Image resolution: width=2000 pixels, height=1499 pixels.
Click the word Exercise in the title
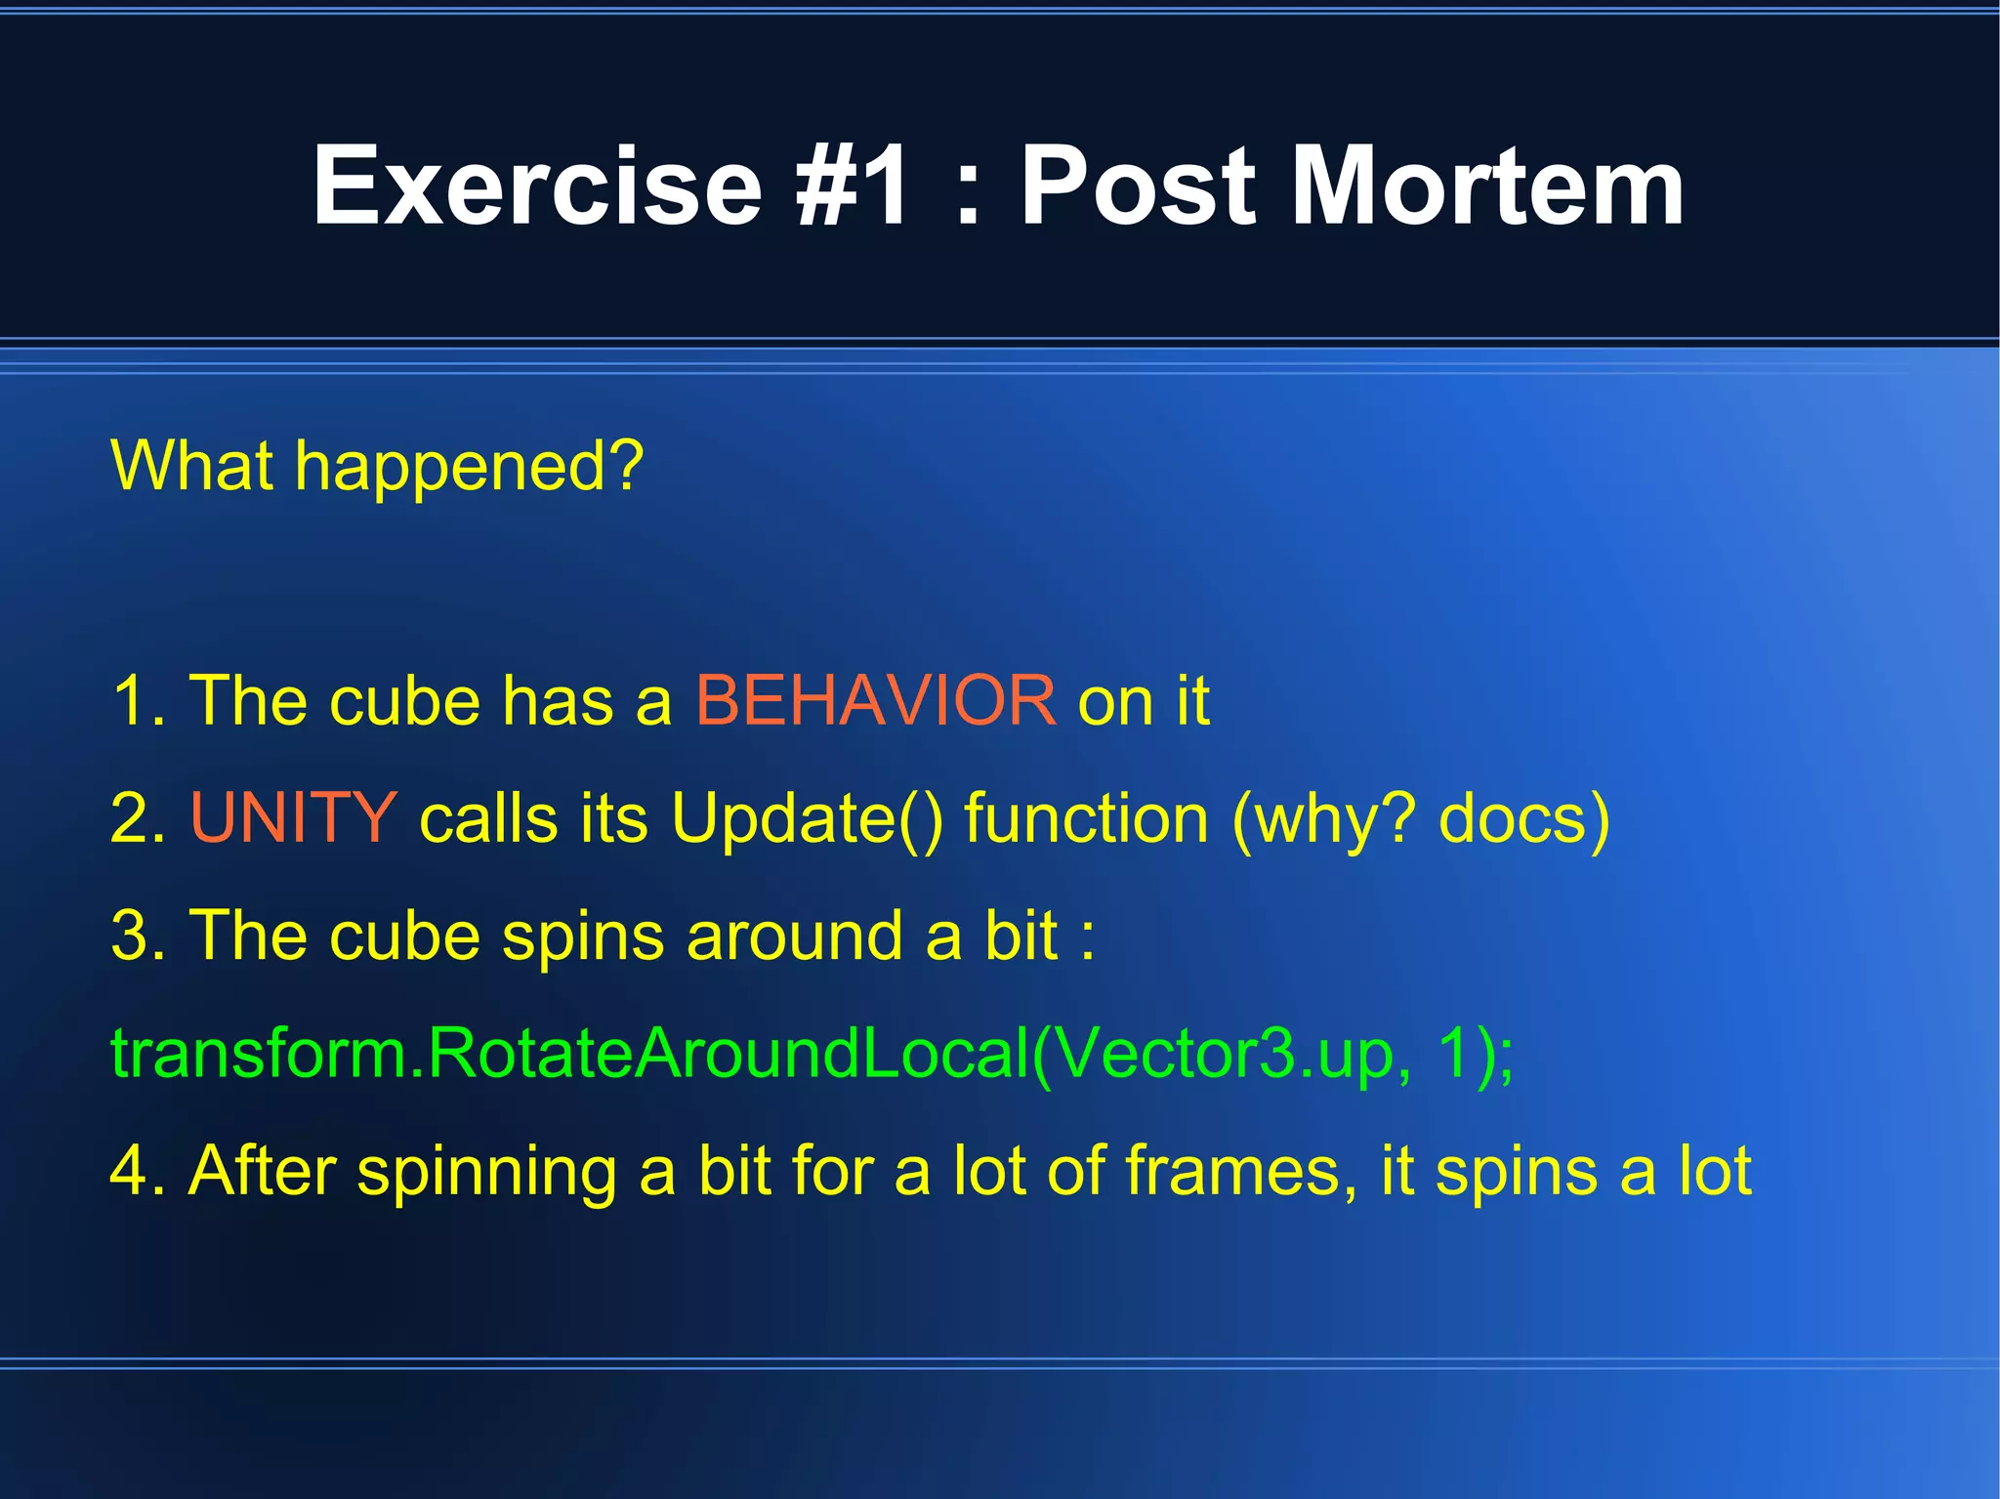[536, 186]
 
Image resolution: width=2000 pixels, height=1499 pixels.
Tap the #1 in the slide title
[853, 186]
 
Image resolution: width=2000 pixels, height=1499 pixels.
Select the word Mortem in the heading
[1488, 186]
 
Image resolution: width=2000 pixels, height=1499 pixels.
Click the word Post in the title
[1138, 186]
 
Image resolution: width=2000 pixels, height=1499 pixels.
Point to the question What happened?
[377, 467]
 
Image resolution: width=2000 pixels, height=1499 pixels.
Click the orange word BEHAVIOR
[875, 700]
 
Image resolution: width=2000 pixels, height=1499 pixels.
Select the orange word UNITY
[293, 818]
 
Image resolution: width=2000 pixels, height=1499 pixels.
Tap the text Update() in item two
[807, 818]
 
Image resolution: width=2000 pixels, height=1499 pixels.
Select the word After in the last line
[262, 1170]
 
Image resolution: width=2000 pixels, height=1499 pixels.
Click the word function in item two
[1086, 818]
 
